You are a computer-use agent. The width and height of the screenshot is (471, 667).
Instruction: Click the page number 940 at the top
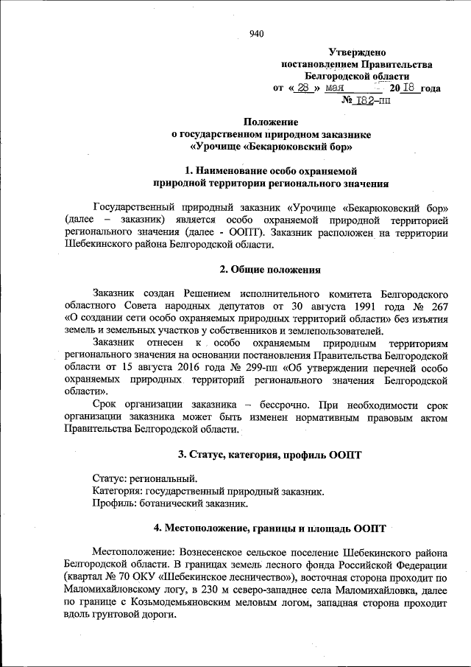(257, 32)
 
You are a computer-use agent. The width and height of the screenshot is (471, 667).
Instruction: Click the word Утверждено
(357, 52)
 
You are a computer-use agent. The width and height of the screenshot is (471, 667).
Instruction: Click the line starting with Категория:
(208, 490)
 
